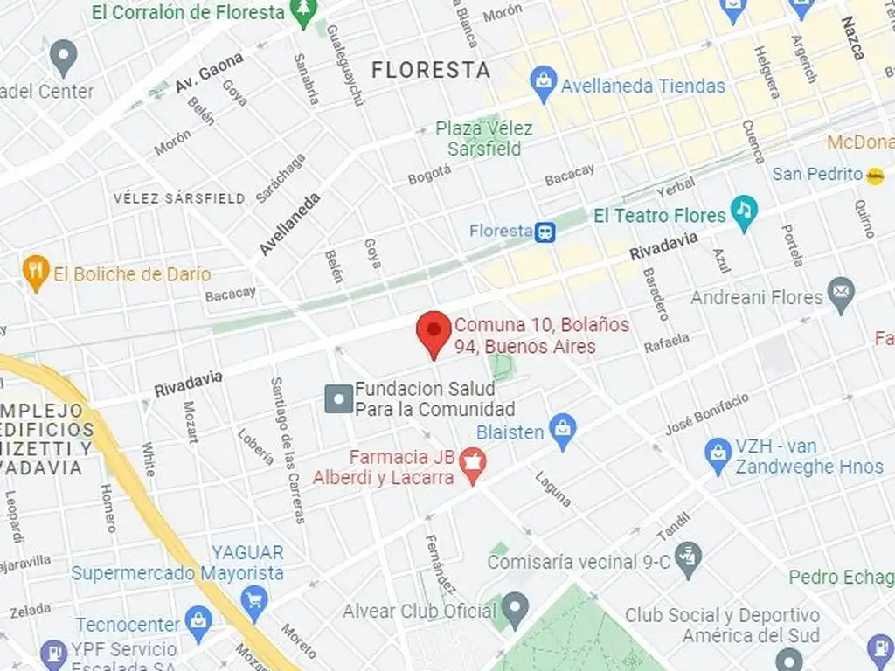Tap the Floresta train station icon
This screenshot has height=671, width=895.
[546, 232]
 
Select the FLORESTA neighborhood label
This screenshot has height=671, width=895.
[431, 70]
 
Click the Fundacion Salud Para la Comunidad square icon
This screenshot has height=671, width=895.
[338, 399]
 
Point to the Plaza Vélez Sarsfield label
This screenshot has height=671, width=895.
[484, 138]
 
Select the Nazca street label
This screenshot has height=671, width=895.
[852, 38]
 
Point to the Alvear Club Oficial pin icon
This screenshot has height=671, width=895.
[516, 605]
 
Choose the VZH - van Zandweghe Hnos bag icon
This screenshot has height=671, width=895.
[718, 455]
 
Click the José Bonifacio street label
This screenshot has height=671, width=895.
[707, 413]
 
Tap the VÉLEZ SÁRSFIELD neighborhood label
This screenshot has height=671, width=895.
[179, 199]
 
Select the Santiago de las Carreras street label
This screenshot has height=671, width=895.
[287, 449]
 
